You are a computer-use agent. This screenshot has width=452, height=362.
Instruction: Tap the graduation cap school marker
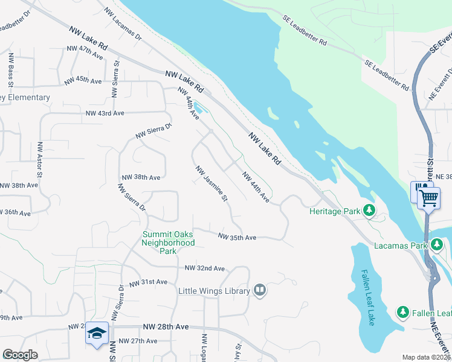pyautogui.click(x=97, y=333)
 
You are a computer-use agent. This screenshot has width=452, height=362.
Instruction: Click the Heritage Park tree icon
pyautogui.click(x=369, y=211)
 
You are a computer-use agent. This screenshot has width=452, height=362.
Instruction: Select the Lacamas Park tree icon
pyautogui.click(x=436, y=245)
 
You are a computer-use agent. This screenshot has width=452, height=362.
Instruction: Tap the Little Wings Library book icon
pyautogui.click(x=259, y=291)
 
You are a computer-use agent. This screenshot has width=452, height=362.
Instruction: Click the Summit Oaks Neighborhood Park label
pyautogui.click(x=168, y=243)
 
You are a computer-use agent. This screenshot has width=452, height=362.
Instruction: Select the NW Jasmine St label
pyautogui.click(x=211, y=183)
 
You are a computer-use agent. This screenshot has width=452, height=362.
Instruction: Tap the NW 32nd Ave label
pyautogui.click(x=204, y=268)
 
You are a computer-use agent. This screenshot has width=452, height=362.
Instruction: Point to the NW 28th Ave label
pyautogui.click(x=166, y=326)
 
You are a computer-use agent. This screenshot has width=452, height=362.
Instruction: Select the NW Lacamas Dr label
pyautogui.click(x=123, y=24)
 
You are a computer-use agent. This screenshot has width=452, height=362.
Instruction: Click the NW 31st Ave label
pyautogui.click(x=147, y=282)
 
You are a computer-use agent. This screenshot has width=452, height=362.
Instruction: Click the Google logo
pyautogui.click(x=20, y=355)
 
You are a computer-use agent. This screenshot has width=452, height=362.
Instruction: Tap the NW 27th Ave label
pyautogui.click(x=138, y=341)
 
